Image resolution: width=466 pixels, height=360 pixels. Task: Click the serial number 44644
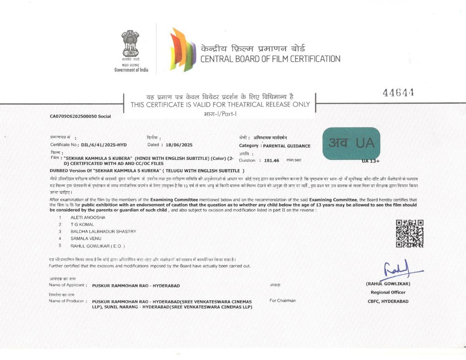click(398, 93)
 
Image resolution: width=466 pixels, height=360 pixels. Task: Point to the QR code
click(410, 233)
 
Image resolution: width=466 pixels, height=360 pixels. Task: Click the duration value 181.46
click(271, 160)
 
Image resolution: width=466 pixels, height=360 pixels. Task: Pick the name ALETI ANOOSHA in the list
click(88, 217)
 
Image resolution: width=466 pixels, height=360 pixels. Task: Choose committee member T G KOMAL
click(83, 224)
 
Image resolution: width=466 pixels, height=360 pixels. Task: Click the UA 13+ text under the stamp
click(371, 161)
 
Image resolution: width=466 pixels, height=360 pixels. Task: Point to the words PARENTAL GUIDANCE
click(287, 146)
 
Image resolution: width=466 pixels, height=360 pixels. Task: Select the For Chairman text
click(282, 300)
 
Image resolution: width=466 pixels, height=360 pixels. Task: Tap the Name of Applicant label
click(67, 285)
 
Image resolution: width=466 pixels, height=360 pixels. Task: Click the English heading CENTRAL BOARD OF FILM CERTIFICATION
click(270, 59)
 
